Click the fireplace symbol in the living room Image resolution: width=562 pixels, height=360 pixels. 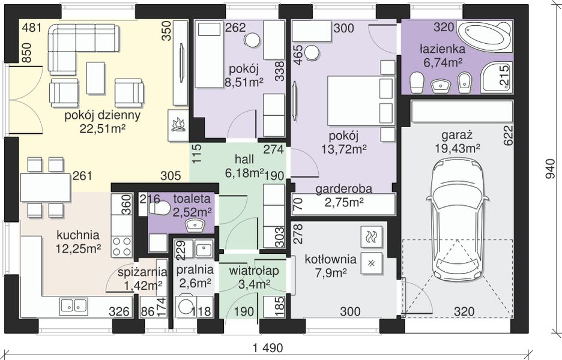pos(178,125)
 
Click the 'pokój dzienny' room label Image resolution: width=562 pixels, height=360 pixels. pos(102,116)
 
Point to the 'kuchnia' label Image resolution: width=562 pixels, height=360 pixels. pos(78,235)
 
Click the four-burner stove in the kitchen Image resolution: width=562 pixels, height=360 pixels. pos(122,246)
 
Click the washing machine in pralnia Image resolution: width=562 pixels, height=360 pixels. pos(186,307)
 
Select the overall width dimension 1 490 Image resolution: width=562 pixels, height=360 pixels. pos(267,348)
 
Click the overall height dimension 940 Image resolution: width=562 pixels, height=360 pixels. pos(550,169)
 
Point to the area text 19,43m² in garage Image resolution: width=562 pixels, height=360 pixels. pos(458,148)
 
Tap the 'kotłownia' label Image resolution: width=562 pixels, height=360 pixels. pos(330,259)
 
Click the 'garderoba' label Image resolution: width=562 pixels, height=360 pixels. pos(343,189)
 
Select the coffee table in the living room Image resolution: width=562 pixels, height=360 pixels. pos(95,78)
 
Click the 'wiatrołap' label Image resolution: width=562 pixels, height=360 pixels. pos(254,271)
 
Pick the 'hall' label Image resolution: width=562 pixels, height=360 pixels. pos(244,160)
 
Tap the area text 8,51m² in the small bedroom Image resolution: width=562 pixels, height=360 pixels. pos(244,82)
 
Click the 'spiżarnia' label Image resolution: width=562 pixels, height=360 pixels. pos(142,272)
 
